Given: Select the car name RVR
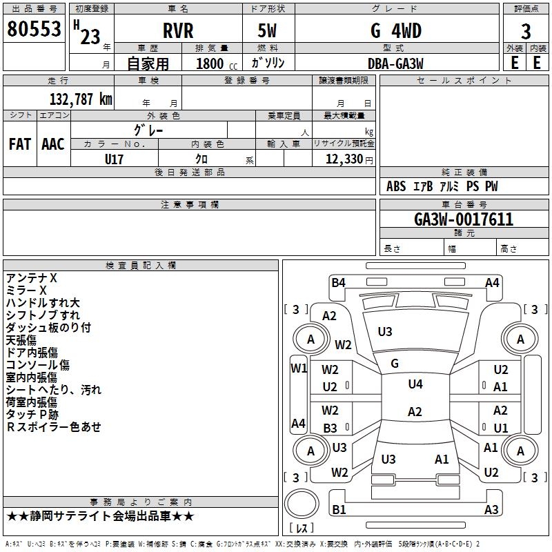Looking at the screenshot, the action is (177, 31).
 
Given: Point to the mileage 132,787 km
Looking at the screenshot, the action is (80, 99).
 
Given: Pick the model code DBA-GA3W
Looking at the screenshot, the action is (395, 63).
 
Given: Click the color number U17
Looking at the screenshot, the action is (115, 159).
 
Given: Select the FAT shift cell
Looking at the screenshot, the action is (20, 144).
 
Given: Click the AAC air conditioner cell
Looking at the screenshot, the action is (53, 144).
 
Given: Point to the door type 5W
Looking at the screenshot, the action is (269, 31).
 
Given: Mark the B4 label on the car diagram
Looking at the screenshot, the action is (338, 282).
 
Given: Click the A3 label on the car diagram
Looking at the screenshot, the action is (491, 510).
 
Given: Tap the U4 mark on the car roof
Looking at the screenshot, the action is (415, 384).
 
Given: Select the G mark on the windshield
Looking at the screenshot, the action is (395, 363).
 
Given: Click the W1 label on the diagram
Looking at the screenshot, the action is (298, 368).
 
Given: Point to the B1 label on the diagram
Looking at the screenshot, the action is (339, 510).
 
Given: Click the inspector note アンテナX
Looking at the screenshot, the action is (32, 278).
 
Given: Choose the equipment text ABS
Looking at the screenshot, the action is (396, 186).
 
